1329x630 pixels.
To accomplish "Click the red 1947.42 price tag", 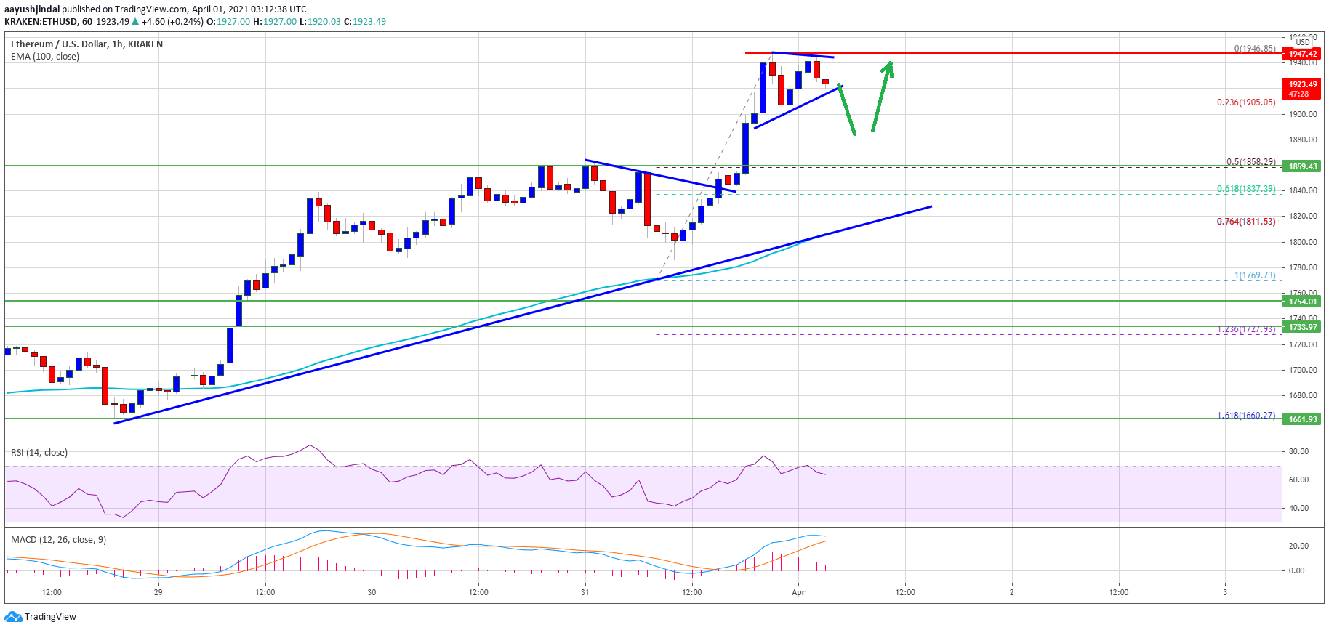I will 1302,54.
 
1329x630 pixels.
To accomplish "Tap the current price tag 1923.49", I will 1302,84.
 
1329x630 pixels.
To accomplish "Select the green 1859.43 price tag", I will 1302,166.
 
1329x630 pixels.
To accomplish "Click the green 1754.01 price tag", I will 1302,302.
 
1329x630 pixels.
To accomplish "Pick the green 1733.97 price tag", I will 1302,327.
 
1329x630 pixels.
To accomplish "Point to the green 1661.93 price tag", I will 1302,419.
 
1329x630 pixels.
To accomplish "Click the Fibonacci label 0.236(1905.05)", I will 1245,102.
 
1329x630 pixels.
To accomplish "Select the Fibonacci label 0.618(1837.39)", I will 1245,189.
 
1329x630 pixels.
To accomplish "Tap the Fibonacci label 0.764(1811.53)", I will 1245,222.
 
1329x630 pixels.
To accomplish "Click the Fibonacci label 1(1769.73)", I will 1254,275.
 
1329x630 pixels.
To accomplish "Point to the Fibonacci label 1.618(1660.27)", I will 1245,416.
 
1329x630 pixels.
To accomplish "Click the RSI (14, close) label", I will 39,453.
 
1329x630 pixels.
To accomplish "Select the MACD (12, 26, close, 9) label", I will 58,540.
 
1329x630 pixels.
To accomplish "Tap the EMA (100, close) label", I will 45,57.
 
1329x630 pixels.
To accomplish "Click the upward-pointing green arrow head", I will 888,66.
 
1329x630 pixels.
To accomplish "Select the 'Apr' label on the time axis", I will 798,592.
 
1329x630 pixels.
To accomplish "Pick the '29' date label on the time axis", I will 158,592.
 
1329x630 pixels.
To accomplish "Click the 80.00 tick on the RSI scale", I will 1298,451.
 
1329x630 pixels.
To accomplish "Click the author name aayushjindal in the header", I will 32,9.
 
